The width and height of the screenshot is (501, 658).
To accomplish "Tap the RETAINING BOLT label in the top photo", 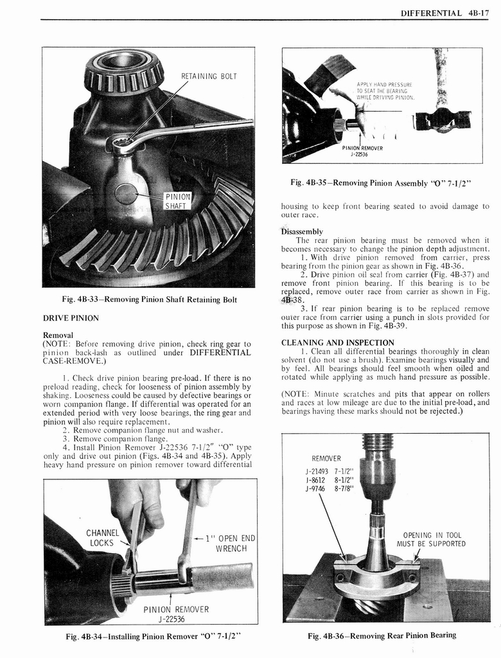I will point(209,76).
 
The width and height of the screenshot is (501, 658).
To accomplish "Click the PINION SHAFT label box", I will point(175,200).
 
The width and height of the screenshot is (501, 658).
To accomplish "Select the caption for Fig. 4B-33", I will point(148,299).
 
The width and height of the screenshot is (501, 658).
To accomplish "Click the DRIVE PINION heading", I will point(70,318).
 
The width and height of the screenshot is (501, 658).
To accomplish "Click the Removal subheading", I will point(58,335).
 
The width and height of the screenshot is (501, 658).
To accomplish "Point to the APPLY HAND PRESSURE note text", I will point(385,91).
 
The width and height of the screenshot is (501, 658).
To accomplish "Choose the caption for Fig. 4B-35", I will point(381,182).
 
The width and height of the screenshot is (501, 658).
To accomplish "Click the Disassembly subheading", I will point(302,231).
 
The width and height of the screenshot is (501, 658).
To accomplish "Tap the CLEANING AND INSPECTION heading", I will point(337,342).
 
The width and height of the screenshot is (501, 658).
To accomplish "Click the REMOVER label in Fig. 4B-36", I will point(326,459).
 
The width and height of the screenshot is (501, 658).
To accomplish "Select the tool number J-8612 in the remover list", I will point(315,479).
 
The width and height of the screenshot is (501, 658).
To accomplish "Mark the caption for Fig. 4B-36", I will point(382,636).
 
